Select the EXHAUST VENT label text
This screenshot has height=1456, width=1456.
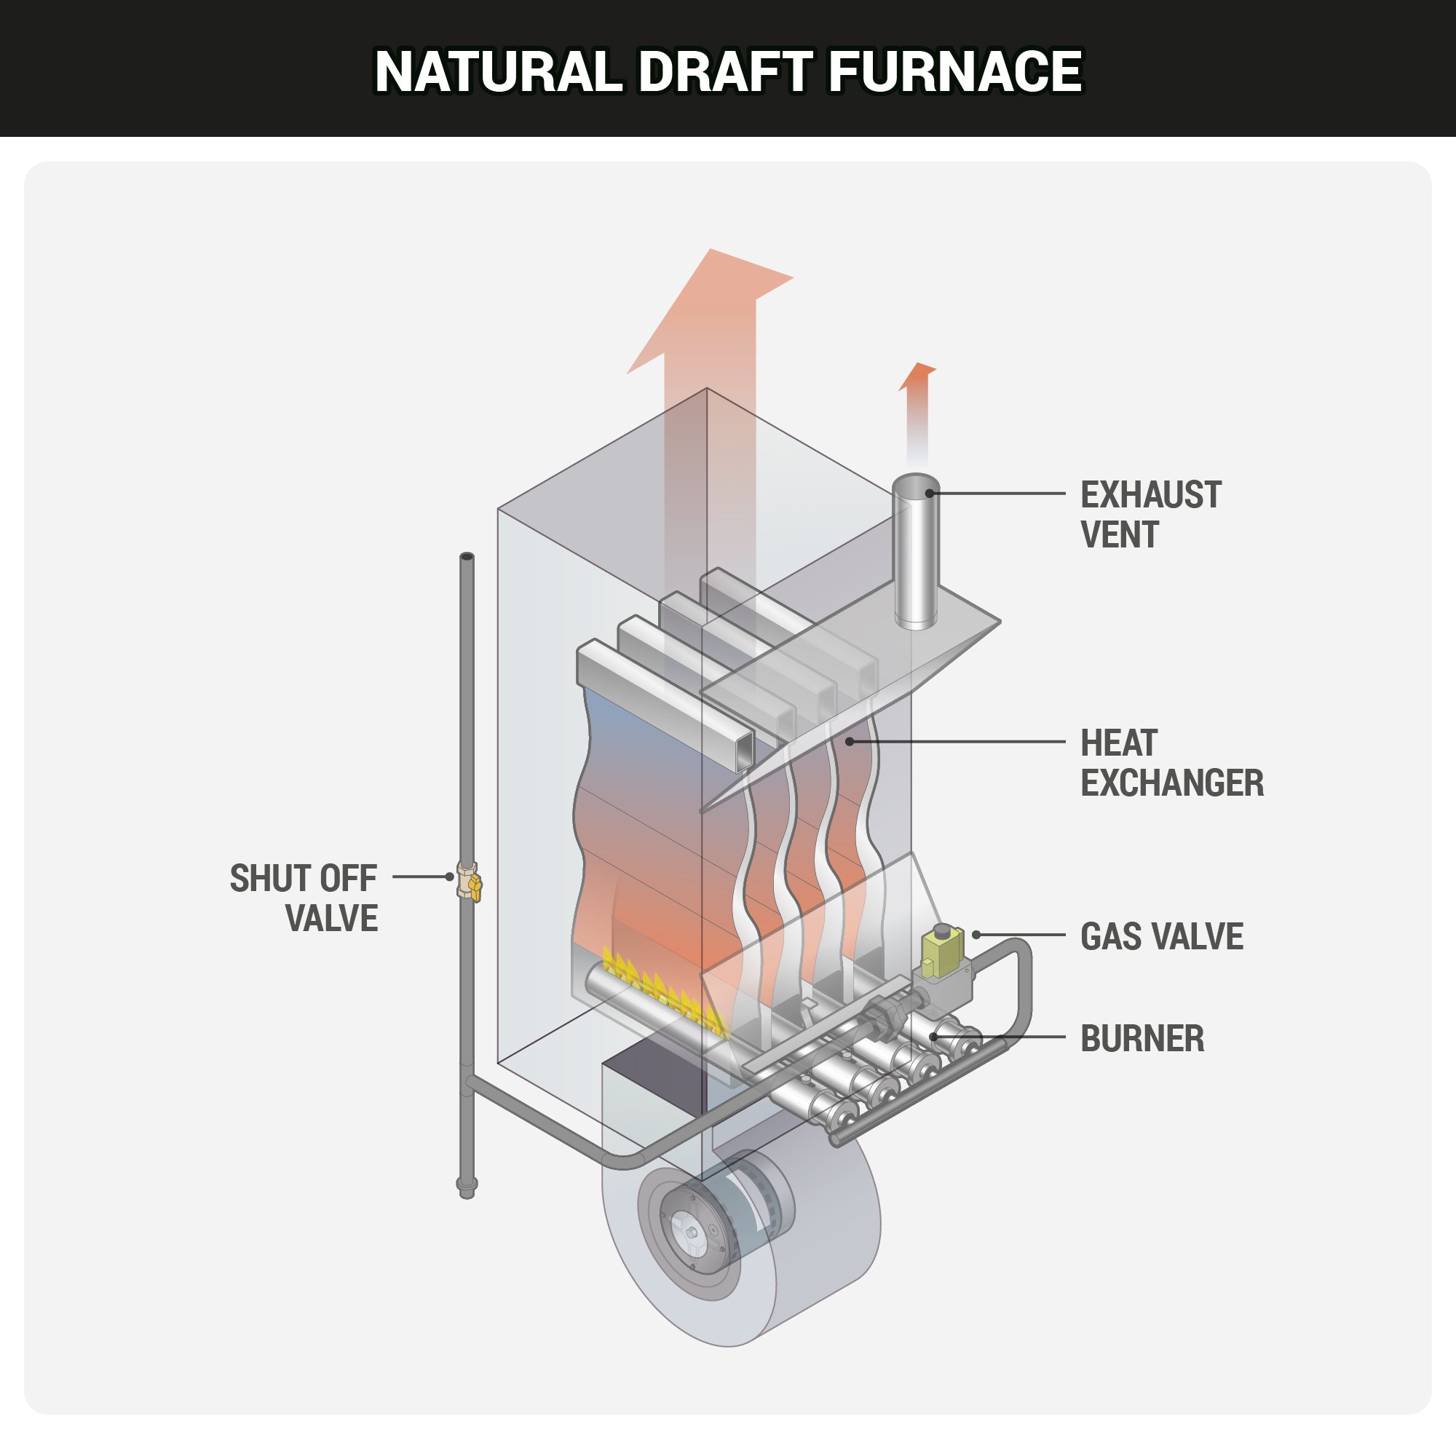coord(1150,515)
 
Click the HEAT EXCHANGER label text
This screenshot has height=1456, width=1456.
coord(1171,763)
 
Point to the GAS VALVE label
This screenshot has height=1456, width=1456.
coord(1160,937)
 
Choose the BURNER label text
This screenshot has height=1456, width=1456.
coord(1142,1040)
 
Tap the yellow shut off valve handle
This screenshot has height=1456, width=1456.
coord(474,885)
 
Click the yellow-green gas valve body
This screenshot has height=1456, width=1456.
coord(942,951)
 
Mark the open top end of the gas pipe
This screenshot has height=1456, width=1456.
coord(467,557)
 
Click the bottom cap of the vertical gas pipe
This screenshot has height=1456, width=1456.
coord(467,1189)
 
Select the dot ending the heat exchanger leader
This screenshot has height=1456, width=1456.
coord(850,743)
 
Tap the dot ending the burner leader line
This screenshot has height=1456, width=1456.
coord(934,1037)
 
